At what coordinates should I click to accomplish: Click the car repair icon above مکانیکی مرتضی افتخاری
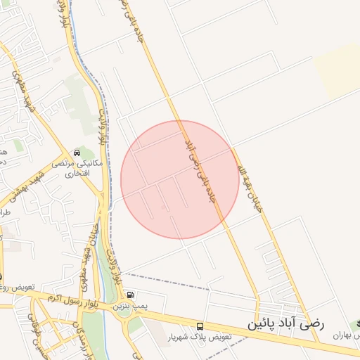click(x=77, y=153)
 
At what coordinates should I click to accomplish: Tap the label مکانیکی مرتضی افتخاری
click(x=82, y=167)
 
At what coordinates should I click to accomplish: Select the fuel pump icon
click(x=131, y=295)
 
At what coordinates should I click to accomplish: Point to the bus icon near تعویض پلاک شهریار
click(x=200, y=326)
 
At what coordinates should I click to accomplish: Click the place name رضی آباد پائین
click(x=285, y=325)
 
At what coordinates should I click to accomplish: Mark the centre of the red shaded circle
click(x=180, y=180)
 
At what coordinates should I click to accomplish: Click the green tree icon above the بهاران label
click(x=356, y=320)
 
